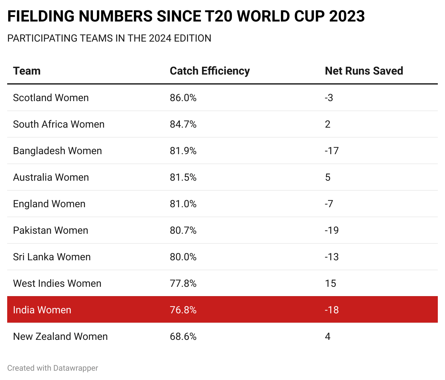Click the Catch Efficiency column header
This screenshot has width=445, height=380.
point(210,71)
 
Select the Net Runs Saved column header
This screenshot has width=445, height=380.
point(364,71)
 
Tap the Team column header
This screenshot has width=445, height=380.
point(27,71)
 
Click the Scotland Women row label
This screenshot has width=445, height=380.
point(51,98)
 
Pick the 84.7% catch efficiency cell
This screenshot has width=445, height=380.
point(183,124)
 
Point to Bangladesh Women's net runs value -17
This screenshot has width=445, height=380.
point(332,151)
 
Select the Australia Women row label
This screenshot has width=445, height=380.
point(51,177)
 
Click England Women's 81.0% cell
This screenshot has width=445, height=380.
point(183,204)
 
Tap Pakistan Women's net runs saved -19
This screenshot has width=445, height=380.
point(332,231)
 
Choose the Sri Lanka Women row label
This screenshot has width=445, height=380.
point(52,257)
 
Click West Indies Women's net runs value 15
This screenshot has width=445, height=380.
point(331,284)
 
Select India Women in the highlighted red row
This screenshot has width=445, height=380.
point(42,310)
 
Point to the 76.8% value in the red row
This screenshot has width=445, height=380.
point(183,310)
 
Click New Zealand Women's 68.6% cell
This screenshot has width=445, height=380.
point(183,337)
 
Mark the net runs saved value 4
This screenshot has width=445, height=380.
point(328,337)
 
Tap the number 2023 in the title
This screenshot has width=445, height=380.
point(347,16)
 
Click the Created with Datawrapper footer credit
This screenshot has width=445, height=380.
point(52,368)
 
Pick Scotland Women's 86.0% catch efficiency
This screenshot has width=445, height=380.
point(183,98)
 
